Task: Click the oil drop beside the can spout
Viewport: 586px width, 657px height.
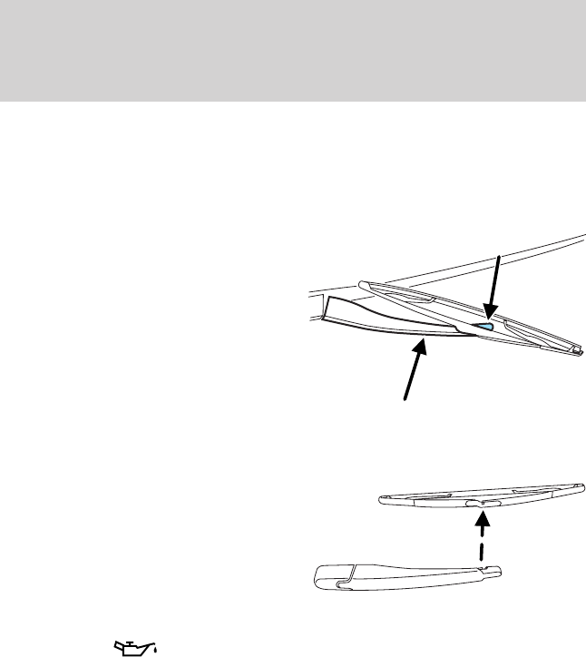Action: click(155, 650)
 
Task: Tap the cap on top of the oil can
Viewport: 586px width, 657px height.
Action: click(132, 639)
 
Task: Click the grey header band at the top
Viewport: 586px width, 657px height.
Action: click(293, 50)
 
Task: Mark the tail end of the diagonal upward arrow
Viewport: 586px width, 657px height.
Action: click(405, 397)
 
